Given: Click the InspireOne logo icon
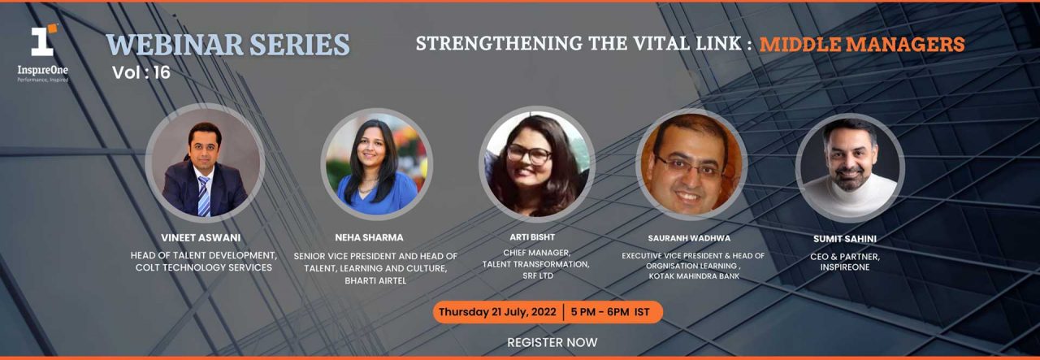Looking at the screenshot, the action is point(44,40).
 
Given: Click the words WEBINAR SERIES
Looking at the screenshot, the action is point(227,45).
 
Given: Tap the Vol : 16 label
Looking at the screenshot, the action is point(141,72).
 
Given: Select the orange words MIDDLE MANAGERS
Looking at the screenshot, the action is point(862,44).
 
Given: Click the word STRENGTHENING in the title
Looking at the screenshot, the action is point(499,44).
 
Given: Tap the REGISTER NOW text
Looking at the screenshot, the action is point(552,342).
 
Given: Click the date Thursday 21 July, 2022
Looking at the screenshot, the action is point(497,312).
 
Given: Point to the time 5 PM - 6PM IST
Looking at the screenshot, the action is point(610,312).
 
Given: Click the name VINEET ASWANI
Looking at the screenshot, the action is point(201,238).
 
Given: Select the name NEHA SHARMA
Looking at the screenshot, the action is point(369,238).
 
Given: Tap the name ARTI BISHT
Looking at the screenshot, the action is point(532,237).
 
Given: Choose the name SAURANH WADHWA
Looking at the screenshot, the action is point(689,238).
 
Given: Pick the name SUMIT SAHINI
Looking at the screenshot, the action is point(844,239).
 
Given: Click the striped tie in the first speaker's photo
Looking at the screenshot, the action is point(203,196).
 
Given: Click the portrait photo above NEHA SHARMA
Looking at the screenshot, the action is point(376,163).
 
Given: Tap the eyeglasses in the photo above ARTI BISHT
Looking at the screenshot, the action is point(529,154).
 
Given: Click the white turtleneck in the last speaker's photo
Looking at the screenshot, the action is point(849,195).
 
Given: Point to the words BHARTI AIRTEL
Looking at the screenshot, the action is point(375,280).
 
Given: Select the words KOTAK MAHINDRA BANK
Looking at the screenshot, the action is point(694,276).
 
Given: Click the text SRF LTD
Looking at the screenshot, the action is point(538,275).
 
